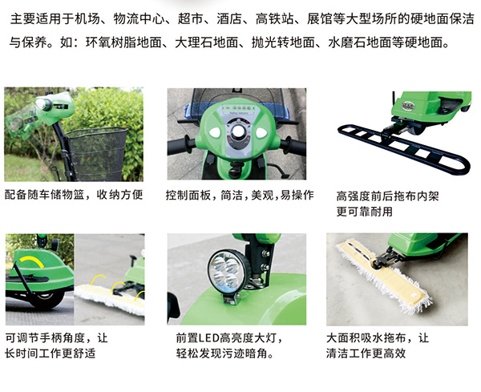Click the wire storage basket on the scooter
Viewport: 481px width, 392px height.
click(96, 153)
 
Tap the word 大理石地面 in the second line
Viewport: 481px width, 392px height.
click(207, 42)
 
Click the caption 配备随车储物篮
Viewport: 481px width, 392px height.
click(44, 195)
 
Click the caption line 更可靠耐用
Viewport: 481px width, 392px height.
click(365, 212)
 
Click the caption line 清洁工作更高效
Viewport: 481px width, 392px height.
click(366, 353)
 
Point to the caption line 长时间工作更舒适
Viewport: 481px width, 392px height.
click(50, 353)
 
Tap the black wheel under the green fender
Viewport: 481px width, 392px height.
click(46, 299)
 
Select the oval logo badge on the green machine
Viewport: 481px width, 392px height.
click(408, 106)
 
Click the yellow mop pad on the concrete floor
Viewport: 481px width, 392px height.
click(383, 274)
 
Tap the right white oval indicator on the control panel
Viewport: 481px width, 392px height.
click(261, 132)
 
